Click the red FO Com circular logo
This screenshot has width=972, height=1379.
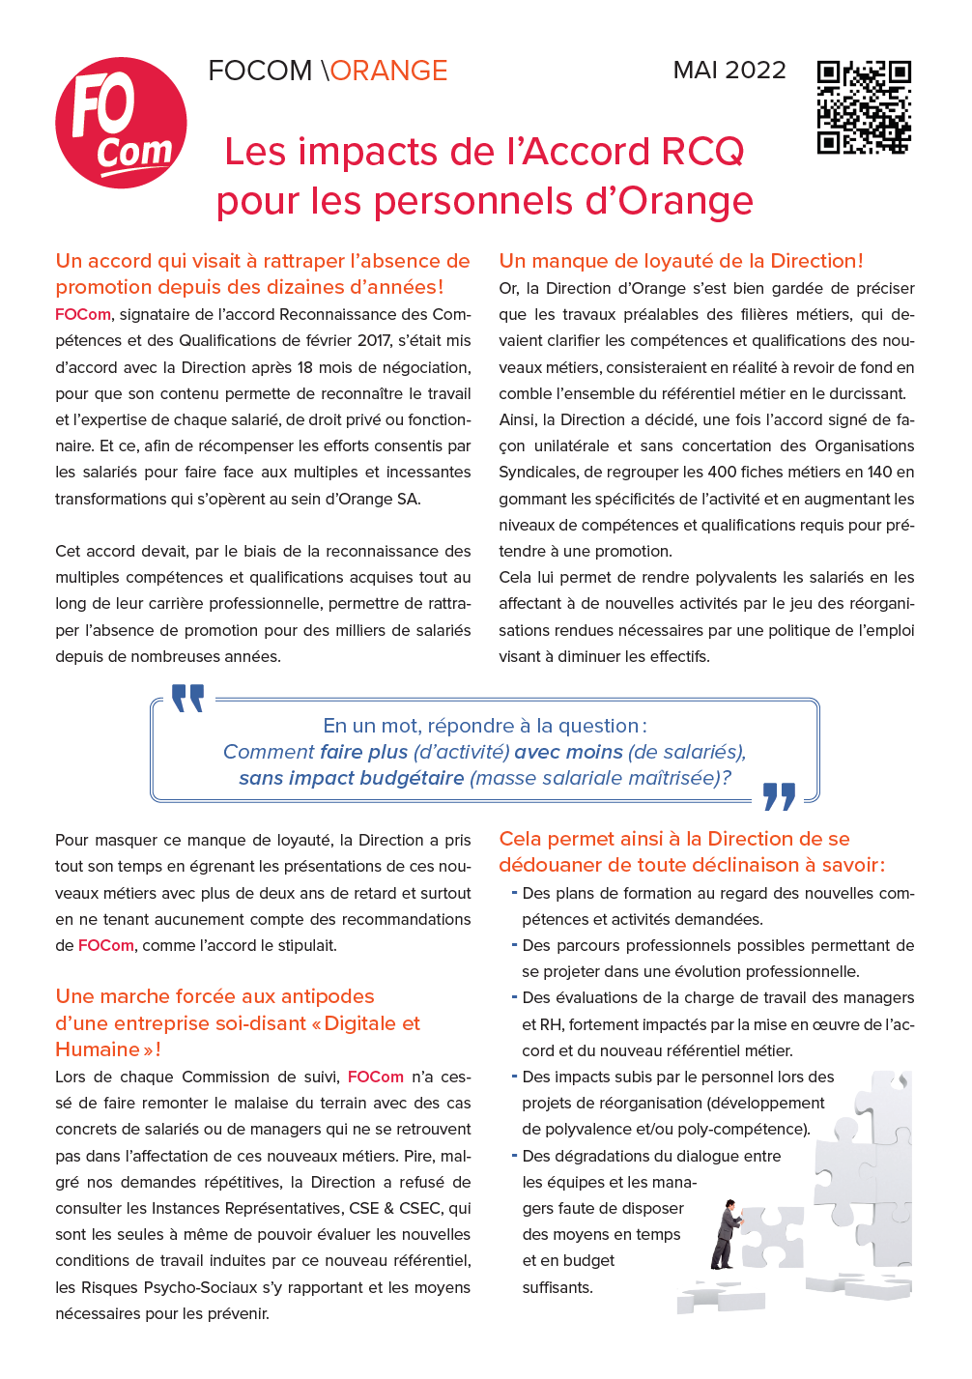(x=121, y=123)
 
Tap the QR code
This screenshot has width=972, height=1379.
(x=864, y=106)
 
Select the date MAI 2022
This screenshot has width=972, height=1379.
(x=729, y=71)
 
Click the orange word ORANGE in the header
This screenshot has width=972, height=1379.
(x=388, y=71)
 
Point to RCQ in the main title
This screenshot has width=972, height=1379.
(x=702, y=152)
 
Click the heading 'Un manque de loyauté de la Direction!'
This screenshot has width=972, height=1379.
(x=681, y=261)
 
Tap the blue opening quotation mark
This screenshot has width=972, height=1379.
(x=187, y=698)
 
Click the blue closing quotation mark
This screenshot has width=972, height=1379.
(x=779, y=796)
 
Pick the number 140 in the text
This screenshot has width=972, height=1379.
(x=879, y=473)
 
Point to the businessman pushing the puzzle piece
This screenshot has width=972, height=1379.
(x=726, y=1234)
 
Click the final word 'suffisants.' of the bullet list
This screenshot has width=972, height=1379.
(x=557, y=1288)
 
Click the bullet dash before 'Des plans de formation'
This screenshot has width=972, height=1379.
(x=514, y=893)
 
